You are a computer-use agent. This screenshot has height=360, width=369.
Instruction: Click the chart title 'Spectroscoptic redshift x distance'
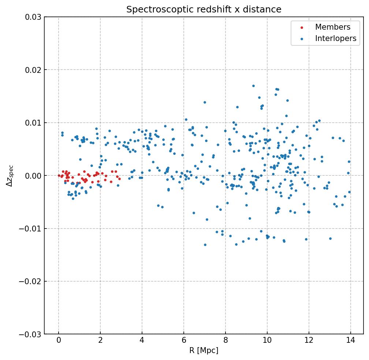[204, 10]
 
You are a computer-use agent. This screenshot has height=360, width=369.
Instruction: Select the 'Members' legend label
[332, 27]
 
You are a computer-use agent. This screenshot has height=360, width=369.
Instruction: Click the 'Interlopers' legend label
[335, 38]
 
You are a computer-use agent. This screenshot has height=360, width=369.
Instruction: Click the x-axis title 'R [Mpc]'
[204, 350]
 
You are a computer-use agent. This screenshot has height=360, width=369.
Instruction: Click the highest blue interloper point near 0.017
[253, 86]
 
